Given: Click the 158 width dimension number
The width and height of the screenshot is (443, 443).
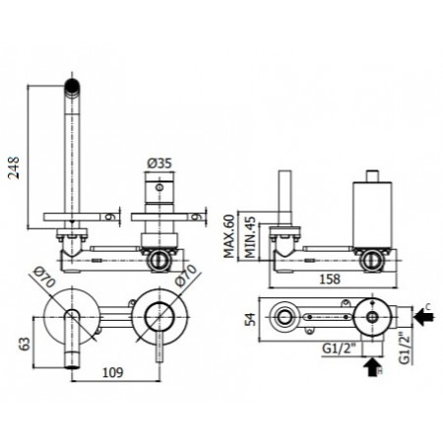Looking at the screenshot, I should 330,279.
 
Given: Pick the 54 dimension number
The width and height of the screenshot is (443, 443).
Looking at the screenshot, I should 250,318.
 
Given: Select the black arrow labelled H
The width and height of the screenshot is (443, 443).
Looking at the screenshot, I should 370,371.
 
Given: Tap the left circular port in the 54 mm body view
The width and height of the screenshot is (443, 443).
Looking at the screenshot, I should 285,317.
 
